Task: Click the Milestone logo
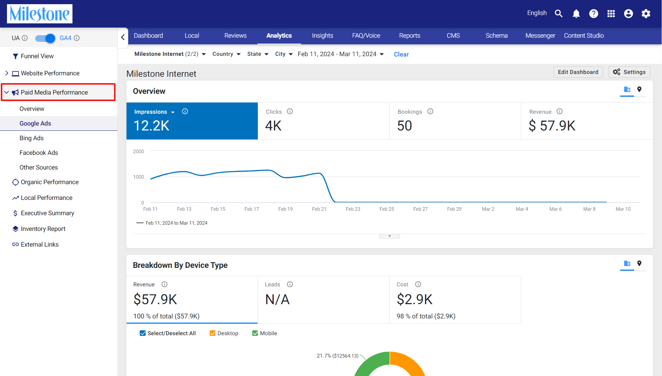tap(40, 14)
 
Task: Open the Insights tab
tap(322, 36)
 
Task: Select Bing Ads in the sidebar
tap(32, 138)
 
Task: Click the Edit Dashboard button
tap(578, 72)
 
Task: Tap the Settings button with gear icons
tap(629, 72)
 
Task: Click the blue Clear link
tap(401, 54)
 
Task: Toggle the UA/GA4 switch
tap(45, 38)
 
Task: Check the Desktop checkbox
tap(213, 333)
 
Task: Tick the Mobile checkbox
tap(255, 333)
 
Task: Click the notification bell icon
tap(576, 14)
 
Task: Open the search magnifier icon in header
tap(559, 14)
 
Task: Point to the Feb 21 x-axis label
tap(319, 209)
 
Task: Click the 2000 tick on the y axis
tap(138, 151)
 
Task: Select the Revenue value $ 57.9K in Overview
tap(552, 126)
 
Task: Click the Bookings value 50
tap(405, 126)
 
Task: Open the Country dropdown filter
tap(226, 54)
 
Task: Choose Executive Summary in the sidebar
tap(47, 213)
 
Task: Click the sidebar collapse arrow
tap(123, 37)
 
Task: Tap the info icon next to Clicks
tap(290, 111)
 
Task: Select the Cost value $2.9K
tap(415, 299)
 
